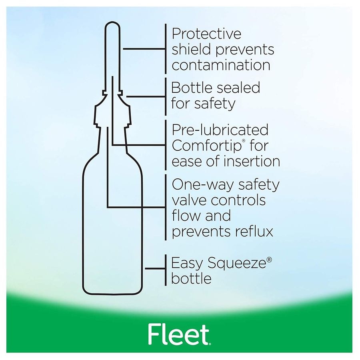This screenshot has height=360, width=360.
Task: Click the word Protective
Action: (206, 34)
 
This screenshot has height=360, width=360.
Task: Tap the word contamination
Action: (221, 65)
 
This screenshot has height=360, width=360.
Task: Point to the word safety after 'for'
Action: (215, 104)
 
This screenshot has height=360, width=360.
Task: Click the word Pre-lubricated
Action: (220, 130)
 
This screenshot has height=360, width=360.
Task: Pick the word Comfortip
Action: (207, 146)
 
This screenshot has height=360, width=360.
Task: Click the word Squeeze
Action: (237, 263)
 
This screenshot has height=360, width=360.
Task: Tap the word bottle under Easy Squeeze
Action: (191, 278)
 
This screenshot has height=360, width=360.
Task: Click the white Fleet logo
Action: (180, 334)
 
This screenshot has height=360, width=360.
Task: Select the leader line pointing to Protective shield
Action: (144, 49)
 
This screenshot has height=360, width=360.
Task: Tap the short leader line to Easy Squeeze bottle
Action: (155, 268)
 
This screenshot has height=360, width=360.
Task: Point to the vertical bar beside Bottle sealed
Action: (166, 96)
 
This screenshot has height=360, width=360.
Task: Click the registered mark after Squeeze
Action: (269, 260)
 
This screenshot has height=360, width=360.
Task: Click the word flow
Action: (186, 216)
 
